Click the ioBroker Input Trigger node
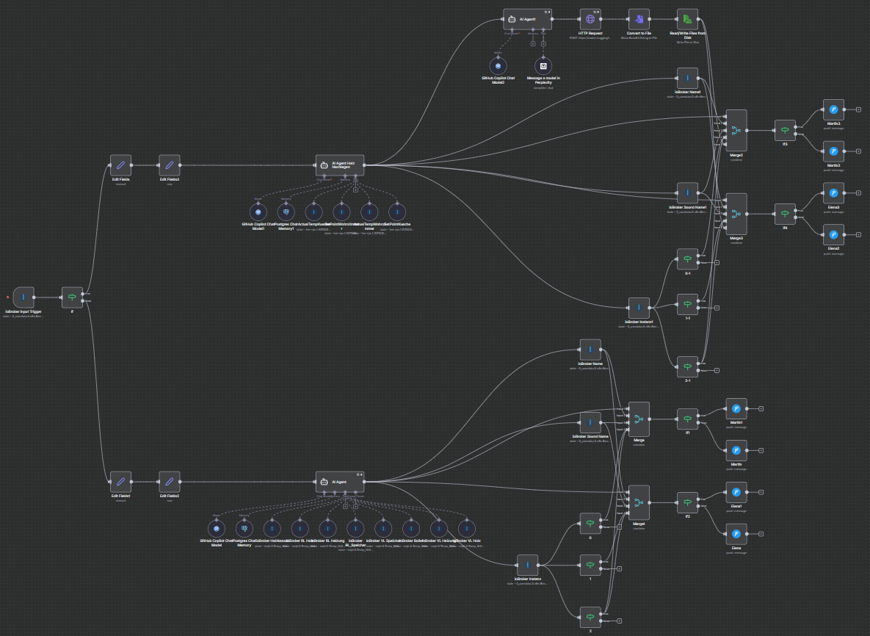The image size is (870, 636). point(23,297)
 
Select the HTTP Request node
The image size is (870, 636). point(590,19)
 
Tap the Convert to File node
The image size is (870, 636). point(639,19)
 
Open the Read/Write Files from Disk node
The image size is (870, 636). point(687,19)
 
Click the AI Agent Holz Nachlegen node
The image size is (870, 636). point(340,165)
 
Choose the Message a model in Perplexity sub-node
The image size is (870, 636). point(543,66)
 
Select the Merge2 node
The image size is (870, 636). point(736,131)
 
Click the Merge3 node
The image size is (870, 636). point(736,214)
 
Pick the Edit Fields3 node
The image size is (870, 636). point(170,165)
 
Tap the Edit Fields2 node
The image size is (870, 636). point(170,482)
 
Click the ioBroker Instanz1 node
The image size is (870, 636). point(639,308)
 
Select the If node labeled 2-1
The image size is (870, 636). point(687,366)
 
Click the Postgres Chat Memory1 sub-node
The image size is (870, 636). point(286,212)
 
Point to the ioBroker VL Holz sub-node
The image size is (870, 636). point(465,528)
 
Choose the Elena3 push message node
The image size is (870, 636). point(833,193)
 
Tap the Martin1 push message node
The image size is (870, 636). point(736,408)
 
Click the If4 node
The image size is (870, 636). point(785,214)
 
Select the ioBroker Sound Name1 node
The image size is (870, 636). point(687,193)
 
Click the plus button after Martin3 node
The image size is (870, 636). point(858,109)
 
